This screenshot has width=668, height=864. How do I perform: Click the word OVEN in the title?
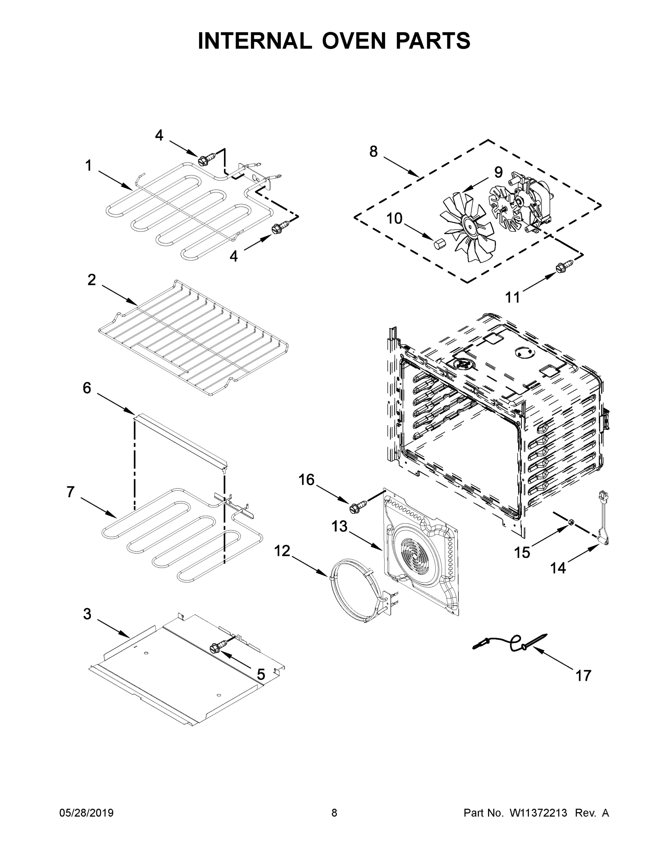[354, 41]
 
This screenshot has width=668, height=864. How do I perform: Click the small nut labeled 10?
[439, 243]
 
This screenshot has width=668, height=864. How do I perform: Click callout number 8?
[373, 152]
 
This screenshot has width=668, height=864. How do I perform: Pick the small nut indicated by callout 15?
[571, 523]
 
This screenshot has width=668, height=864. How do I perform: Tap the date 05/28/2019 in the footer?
[86, 813]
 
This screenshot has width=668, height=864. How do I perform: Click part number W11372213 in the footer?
[538, 813]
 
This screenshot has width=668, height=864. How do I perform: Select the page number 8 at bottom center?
[334, 813]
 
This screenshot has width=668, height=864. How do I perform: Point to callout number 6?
[87, 388]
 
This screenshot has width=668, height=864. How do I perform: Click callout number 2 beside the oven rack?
[91, 280]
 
